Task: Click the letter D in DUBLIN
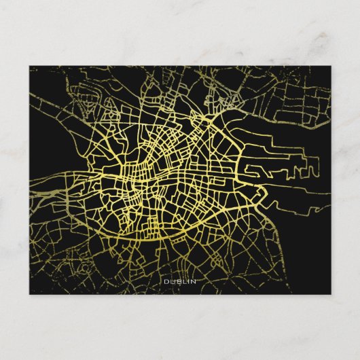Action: pyautogui.click(x=165, y=281)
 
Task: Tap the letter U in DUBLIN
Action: pyautogui.click(x=171, y=281)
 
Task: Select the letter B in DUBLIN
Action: pyautogui.click(x=177, y=281)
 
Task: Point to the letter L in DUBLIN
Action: pyautogui.click(x=183, y=281)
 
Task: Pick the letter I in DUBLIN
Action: pyautogui.click(x=188, y=281)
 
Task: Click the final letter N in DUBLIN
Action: pyautogui.click(x=194, y=281)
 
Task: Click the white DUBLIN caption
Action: pyautogui.click(x=179, y=281)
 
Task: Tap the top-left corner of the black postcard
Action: pyautogui.click(x=30, y=66)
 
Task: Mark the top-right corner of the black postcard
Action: pyautogui.click(x=331, y=66)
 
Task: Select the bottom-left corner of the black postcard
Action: pyautogui.click(x=30, y=293)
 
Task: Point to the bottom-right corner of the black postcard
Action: pyautogui.click(x=331, y=293)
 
